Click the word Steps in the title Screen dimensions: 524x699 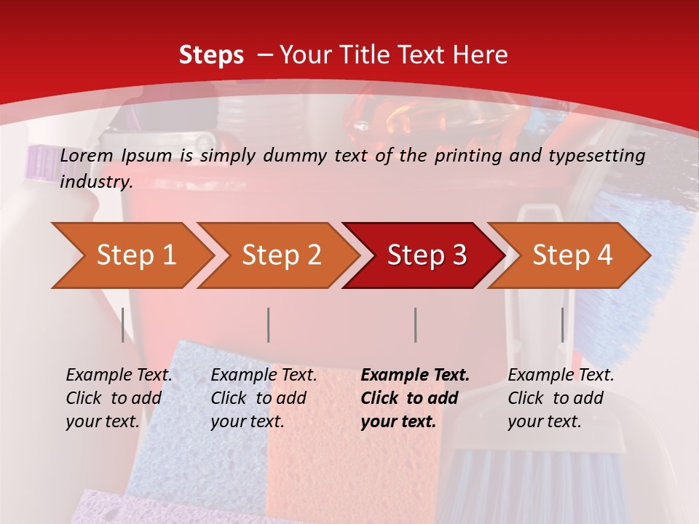(211, 55)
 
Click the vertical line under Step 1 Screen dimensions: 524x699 (123, 325)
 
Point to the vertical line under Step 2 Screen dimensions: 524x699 (269, 325)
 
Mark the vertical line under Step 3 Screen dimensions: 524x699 (415, 325)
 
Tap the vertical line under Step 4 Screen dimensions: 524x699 (562, 325)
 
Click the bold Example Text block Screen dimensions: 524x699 (415, 398)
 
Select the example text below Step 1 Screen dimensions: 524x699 (119, 398)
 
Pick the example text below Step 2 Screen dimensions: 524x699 (264, 398)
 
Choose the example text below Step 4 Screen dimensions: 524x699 (561, 398)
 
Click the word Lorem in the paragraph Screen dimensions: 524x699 (87, 156)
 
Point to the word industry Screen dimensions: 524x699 (95, 182)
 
